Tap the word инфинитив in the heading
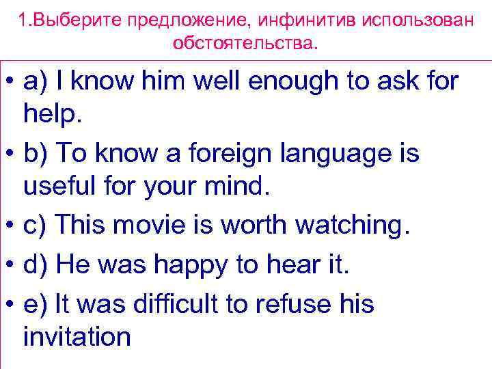coord(284,20)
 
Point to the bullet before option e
coord(10,303)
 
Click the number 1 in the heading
coord(23,20)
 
